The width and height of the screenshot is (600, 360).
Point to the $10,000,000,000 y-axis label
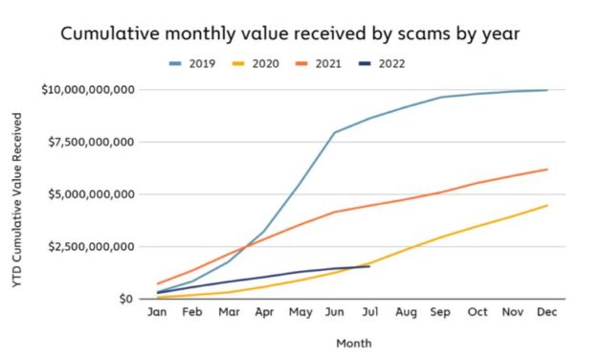89,90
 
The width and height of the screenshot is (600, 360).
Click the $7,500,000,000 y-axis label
92,142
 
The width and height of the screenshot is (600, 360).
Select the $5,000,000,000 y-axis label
92,194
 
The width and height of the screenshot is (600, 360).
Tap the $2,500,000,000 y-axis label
92,246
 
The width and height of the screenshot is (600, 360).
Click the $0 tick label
125,299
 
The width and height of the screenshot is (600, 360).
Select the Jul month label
368,312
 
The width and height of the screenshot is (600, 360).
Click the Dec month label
547,312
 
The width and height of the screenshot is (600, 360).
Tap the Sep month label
440,312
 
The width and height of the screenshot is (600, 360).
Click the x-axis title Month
353,342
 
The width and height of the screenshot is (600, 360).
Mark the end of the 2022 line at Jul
369,266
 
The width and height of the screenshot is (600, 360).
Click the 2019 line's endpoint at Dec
547,90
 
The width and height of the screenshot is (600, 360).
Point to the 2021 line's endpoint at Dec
547,169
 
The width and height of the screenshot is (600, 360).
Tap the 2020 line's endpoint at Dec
547,205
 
